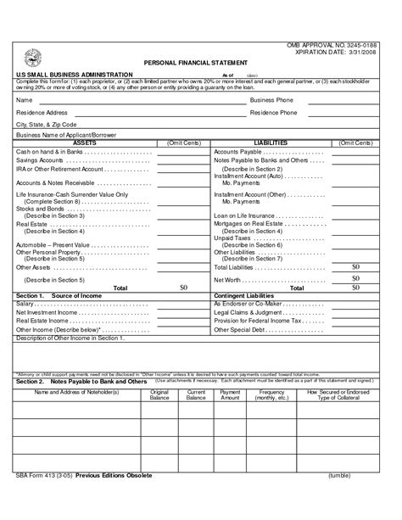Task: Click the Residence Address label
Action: [x=42, y=112]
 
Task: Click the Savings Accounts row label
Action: [x=40, y=159]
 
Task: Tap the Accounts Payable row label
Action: [x=237, y=151]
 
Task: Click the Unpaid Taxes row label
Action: [x=231, y=238]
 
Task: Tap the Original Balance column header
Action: [x=159, y=395]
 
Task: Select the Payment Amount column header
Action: [x=230, y=395]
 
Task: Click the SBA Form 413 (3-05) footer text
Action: [x=42, y=499]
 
